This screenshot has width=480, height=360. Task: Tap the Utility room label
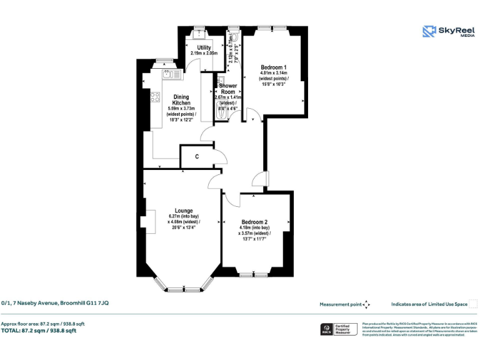(x=204, y=47)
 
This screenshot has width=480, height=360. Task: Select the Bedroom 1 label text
(x=274, y=67)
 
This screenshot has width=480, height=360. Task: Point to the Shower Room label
(x=227, y=88)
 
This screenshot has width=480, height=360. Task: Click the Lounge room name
(x=184, y=211)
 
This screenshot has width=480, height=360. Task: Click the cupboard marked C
(x=196, y=156)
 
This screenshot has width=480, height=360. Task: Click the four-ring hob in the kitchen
(x=155, y=98)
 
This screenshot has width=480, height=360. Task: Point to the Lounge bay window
(x=184, y=289)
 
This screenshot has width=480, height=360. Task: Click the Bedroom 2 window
(x=254, y=274)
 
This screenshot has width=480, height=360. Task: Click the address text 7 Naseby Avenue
(x=55, y=303)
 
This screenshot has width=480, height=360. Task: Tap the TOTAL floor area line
(x=39, y=331)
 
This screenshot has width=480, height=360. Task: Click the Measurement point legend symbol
(x=367, y=304)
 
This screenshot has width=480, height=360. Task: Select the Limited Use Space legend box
(x=473, y=304)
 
